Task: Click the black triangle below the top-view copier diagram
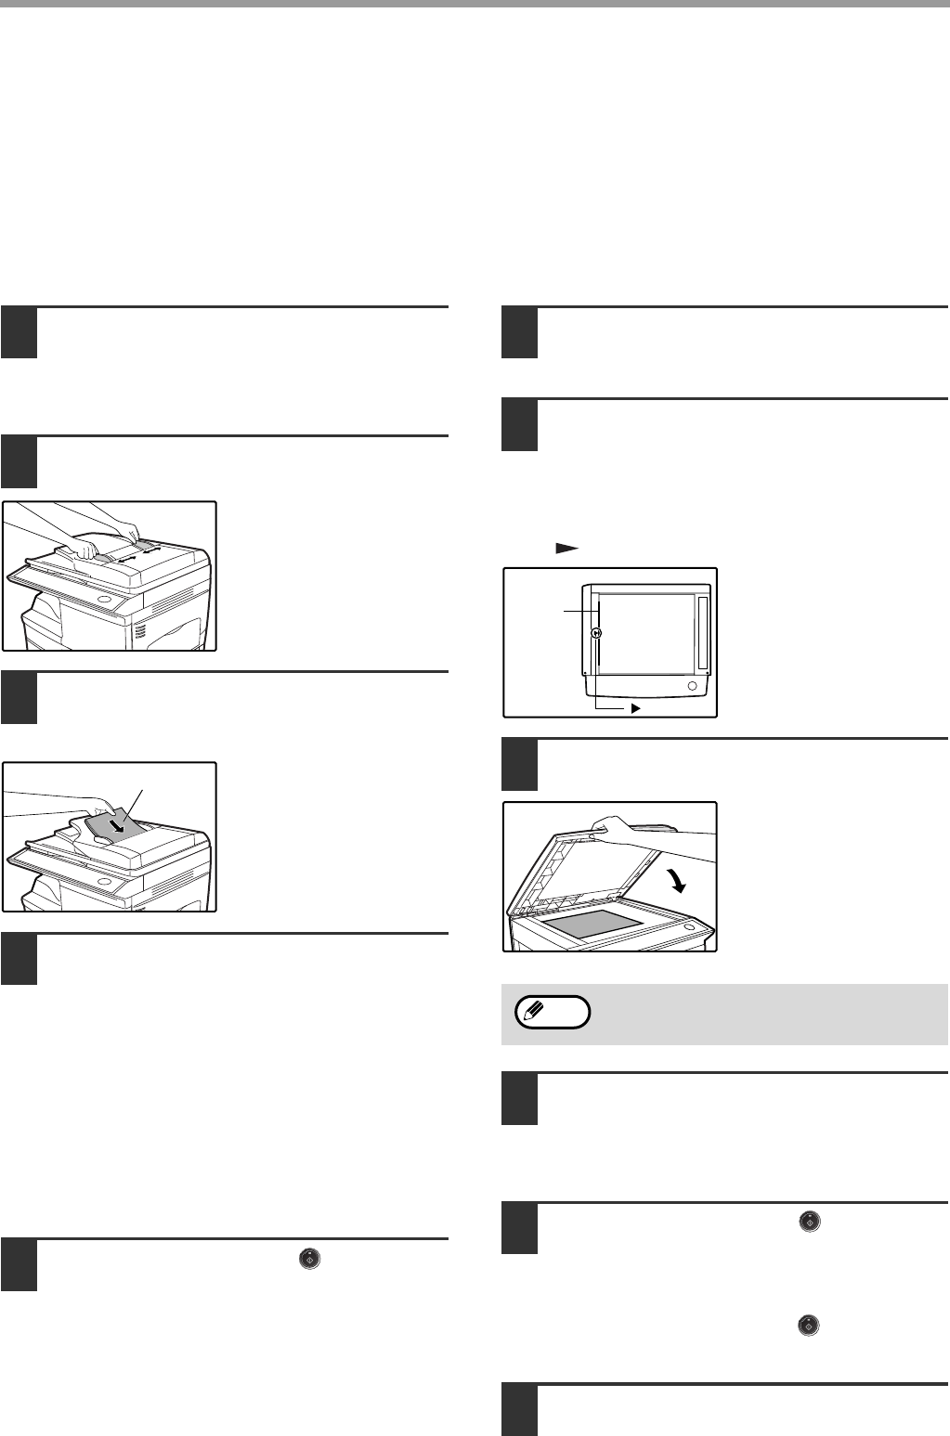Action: click(x=636, y=707)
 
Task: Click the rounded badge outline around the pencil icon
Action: click(x=553, y=1012)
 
